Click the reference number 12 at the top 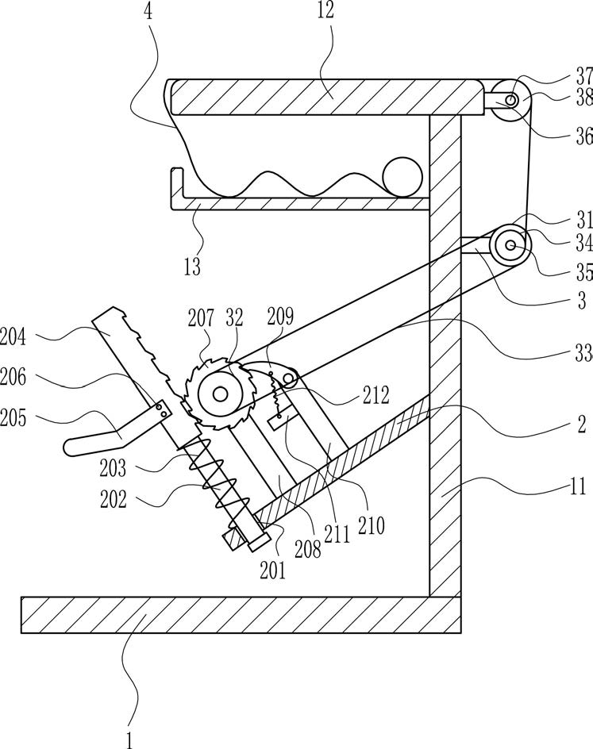coord(325,10)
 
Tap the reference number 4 coord(148,10)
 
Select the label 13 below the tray coord(192,266)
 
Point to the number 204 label coord(13,336)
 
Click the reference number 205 coord(13,418)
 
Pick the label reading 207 coord(201,317)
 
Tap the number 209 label coord(280,317)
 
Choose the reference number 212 coord(376,395)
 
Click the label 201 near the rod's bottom coord(273,570)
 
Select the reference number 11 coord(577,486)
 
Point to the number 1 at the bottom coord(129,740)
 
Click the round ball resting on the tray coord(402,177)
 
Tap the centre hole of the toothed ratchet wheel coord(220,394)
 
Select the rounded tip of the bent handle coord(69,447)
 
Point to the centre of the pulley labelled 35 coord(510,245)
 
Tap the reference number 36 coord(584,137)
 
